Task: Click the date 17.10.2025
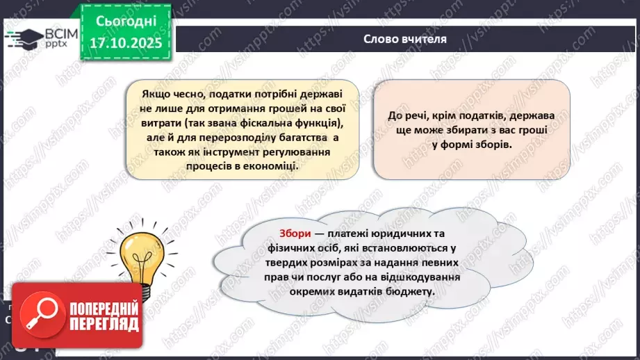pos(126,42)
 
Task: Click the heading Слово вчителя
pos(405,39)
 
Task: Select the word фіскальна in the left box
pos(261,122)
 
